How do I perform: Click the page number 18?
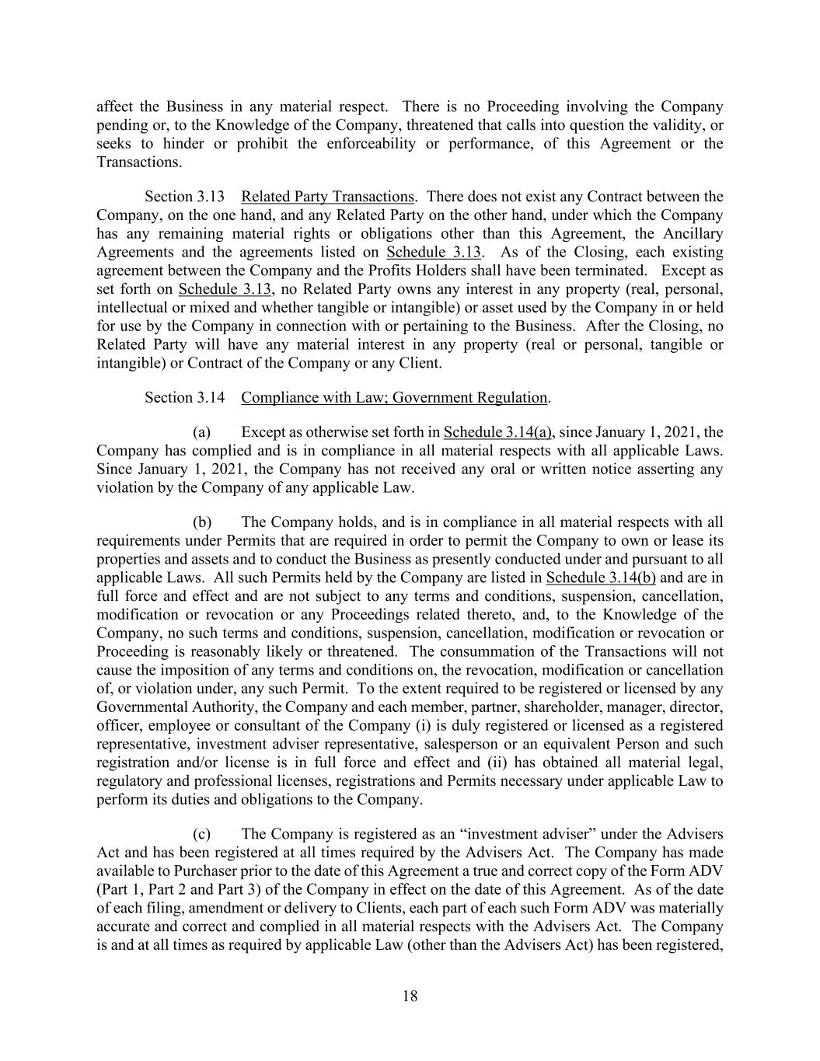[410, 996]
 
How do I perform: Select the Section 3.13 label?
[185, 197]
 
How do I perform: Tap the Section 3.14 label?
[185, 397]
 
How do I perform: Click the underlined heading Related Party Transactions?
[327, 197]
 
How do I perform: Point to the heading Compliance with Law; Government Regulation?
[394, 397]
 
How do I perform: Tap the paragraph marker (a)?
[201, 432]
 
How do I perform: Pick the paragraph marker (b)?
[202, 522]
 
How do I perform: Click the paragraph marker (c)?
[201, 835]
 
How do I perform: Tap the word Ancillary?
[693, 233]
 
